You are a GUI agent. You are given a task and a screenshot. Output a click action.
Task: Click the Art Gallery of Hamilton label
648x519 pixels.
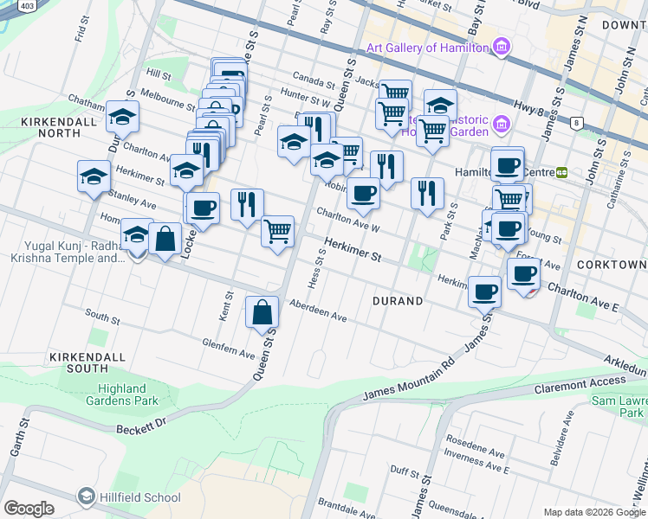coord(426,48)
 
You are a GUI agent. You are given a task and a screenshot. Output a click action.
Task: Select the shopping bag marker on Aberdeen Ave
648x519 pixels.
coord(262,312)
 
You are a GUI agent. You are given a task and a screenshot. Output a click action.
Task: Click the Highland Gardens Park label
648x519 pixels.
coord(127,394)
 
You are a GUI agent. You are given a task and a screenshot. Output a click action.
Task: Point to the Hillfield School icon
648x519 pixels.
coord(86,496)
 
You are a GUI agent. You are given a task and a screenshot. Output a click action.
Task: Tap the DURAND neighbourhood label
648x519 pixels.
coord(398,301)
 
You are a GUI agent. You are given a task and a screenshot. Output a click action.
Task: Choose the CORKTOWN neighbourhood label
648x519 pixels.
coord(614,264)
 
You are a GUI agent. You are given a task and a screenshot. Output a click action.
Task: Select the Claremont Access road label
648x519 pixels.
coord(580,381)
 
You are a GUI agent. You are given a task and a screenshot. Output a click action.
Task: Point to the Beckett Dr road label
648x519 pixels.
coord(140,426)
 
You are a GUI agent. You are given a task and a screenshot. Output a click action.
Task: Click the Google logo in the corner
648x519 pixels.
coord(29,509)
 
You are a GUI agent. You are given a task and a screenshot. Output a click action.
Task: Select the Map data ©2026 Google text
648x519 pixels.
coord(594,512)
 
